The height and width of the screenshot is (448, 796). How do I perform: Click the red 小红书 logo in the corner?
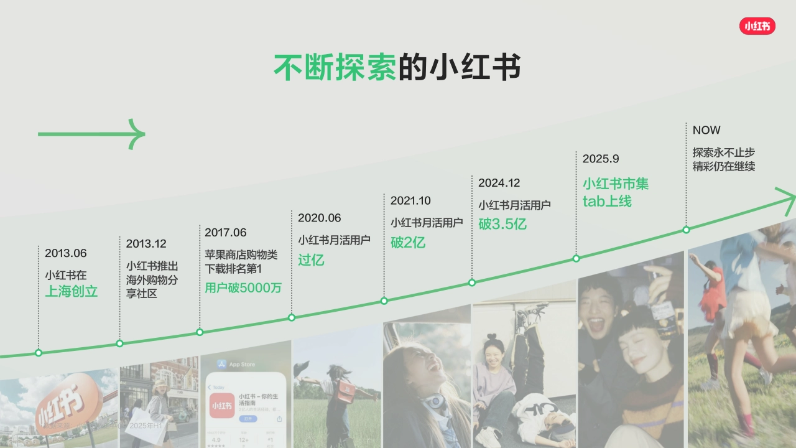[x=757, y=26]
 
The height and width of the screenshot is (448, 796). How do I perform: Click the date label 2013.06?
[x=65, y=253]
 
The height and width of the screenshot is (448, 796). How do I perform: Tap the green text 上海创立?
[x=72, y=291]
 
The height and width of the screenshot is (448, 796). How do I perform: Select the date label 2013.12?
[x=146, y=243]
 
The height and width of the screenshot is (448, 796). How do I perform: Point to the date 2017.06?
[x=226, y=233]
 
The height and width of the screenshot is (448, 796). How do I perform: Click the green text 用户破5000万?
[x=243, y=288]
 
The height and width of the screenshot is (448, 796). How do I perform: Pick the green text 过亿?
[x=311, y=260]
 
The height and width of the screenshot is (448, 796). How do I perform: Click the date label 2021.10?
[x=410, y=200]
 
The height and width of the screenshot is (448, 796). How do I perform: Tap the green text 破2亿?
[x=408, y=243]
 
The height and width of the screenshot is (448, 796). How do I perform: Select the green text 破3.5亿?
[x=502, y=224]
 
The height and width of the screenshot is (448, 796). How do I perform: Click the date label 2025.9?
[x=601, y=159]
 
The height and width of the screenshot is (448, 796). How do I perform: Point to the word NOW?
[x=706, y=130]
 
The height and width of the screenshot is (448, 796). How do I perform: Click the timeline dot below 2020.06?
[x=292, y=317]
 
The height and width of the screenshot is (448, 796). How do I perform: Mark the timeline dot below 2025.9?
[x=576, y=258]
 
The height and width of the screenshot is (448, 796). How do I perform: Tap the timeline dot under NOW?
[x=687, y=230]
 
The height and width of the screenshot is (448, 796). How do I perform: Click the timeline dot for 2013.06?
[x=39, y=353]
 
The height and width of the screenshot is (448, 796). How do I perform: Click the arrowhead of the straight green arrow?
[x=138, y=134]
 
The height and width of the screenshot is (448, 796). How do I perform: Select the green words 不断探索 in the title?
[x=335, y=67]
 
